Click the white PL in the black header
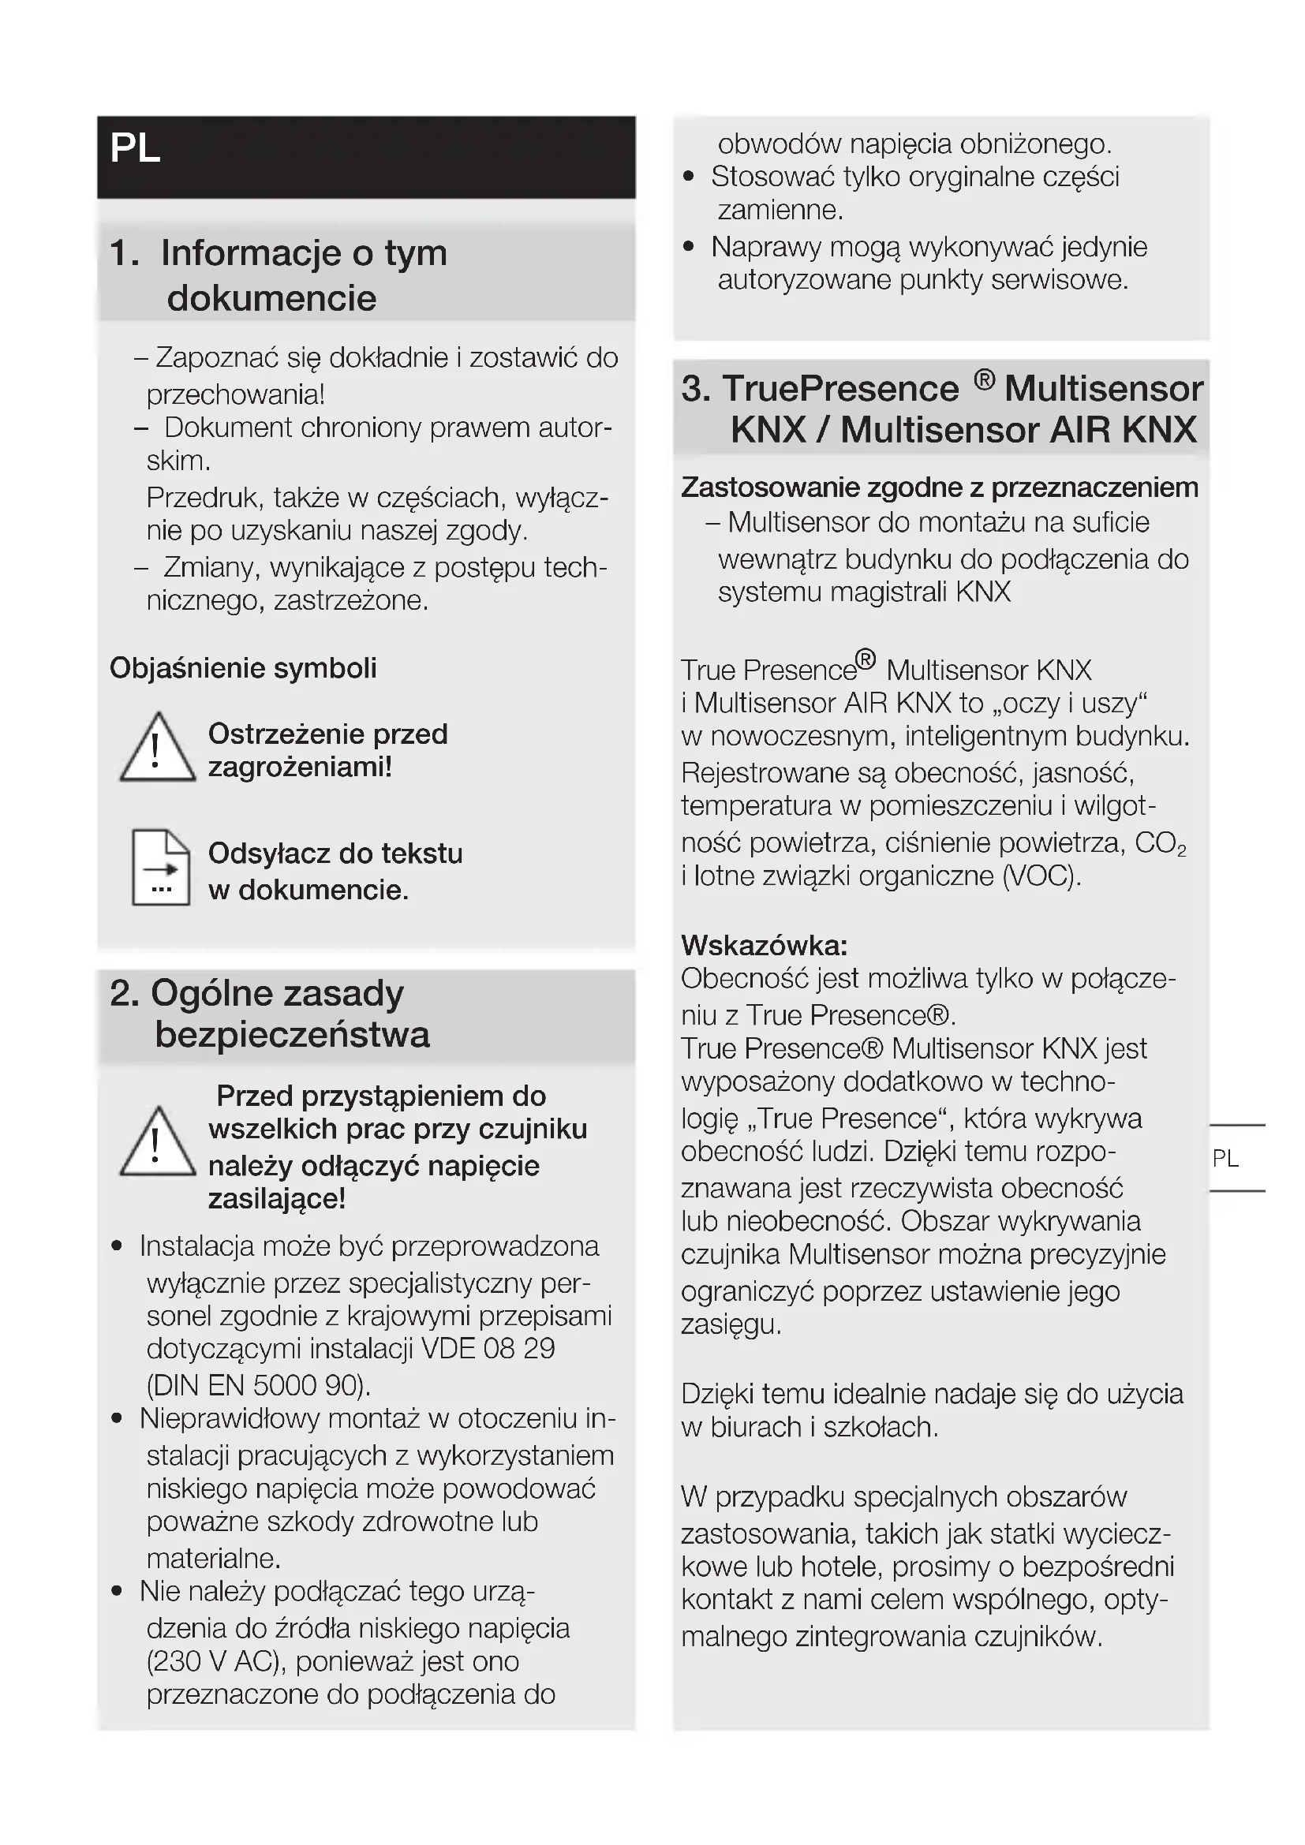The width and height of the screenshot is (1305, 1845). pyautogui.click(x=135, y=148)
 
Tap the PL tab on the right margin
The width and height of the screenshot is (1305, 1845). pyautogui.click(x=1225, y=1158)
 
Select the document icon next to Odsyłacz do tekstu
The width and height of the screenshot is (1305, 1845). pyautogui.click(x=161, y=868)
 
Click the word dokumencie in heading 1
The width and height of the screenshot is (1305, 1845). pyautogui.click(x=271, y=298)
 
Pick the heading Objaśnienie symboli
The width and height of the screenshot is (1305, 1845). pyautogui.click(x=243, y=668)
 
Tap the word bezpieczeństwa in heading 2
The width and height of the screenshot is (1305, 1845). pyautogui.click(x=292, y=1034)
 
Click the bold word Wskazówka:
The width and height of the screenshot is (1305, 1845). pyautogui.click(x=765, y=945)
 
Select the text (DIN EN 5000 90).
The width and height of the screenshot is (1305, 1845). pyautogui.click(x=259, y=1384)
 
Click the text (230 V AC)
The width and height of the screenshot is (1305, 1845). pyautogui.click(x=217, y=1661)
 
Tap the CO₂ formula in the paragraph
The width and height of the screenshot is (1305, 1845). pyautogui.click(x=1160, y=843)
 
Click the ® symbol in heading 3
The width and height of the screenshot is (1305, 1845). pyautogui.click(x=985, y=379)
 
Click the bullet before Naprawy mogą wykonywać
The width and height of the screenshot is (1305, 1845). pyautogui.click(x=689, y=247)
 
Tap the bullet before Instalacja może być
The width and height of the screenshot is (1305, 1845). pyautogui.click(x=118, y=1246)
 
